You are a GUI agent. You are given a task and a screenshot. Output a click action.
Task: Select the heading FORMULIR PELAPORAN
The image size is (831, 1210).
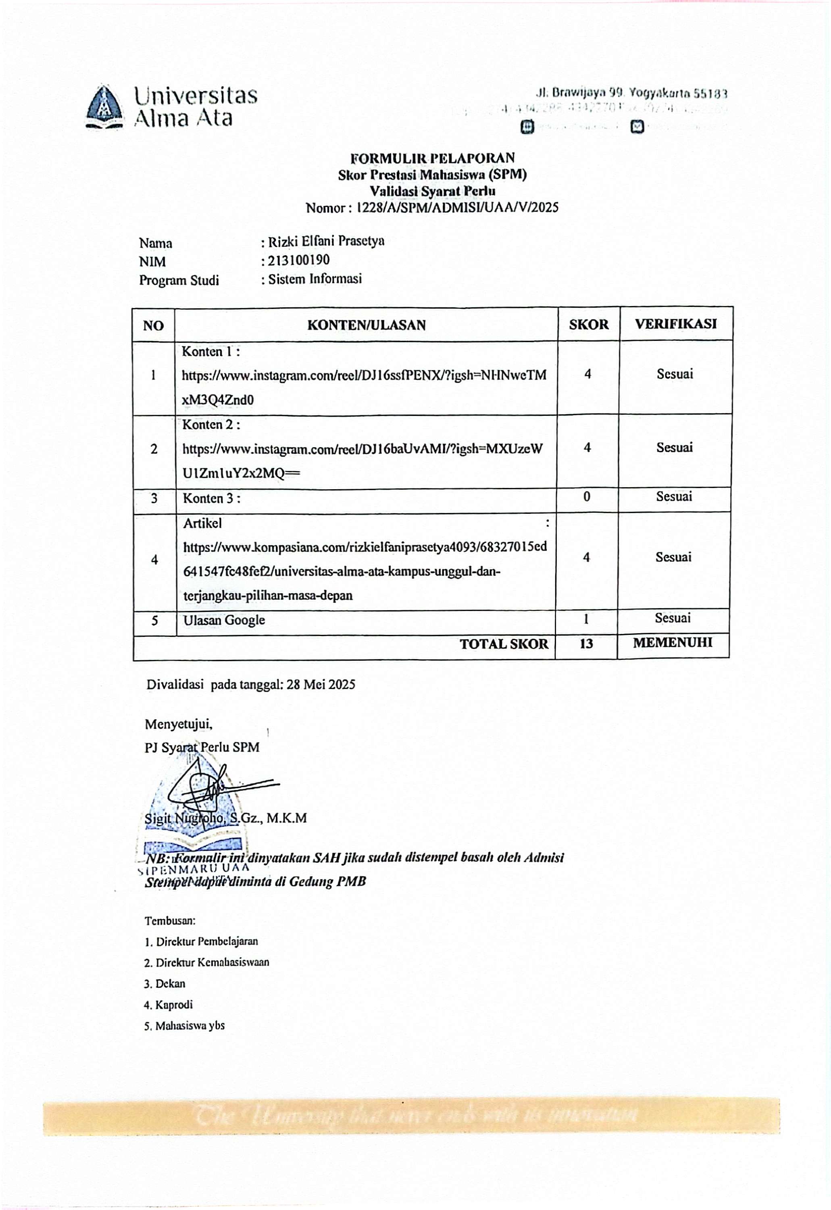point(432,158)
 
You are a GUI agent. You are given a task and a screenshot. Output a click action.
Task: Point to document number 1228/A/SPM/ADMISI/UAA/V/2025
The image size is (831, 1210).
point(457,208)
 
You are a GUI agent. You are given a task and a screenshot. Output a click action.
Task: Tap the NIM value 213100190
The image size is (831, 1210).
point(299,260)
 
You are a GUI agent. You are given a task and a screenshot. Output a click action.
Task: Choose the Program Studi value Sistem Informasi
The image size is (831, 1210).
point(314,279)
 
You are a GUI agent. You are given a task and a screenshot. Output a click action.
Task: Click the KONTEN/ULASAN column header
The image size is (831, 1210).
point(366,325)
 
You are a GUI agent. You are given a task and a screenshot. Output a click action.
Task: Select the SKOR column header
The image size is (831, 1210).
point(588,325)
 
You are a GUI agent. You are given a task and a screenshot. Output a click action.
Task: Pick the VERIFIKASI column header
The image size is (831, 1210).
point(675,323)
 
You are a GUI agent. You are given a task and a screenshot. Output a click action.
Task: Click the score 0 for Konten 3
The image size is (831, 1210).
point(587,497)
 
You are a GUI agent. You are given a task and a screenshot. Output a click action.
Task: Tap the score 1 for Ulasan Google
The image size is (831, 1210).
point(586,619)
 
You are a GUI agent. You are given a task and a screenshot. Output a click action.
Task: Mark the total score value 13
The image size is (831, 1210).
point(586,644)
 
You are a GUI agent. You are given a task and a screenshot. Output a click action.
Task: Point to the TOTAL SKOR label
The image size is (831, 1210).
point(504,645)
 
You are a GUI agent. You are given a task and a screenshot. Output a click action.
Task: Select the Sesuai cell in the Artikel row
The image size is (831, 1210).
point(673,557)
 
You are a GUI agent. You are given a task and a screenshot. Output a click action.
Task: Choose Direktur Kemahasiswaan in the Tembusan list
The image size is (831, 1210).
point(212,963)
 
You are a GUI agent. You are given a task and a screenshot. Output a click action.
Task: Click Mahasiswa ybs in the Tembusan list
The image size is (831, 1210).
point(190,1026)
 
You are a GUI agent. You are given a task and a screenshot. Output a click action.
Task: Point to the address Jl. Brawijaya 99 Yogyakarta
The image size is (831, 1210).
point(631,93)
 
